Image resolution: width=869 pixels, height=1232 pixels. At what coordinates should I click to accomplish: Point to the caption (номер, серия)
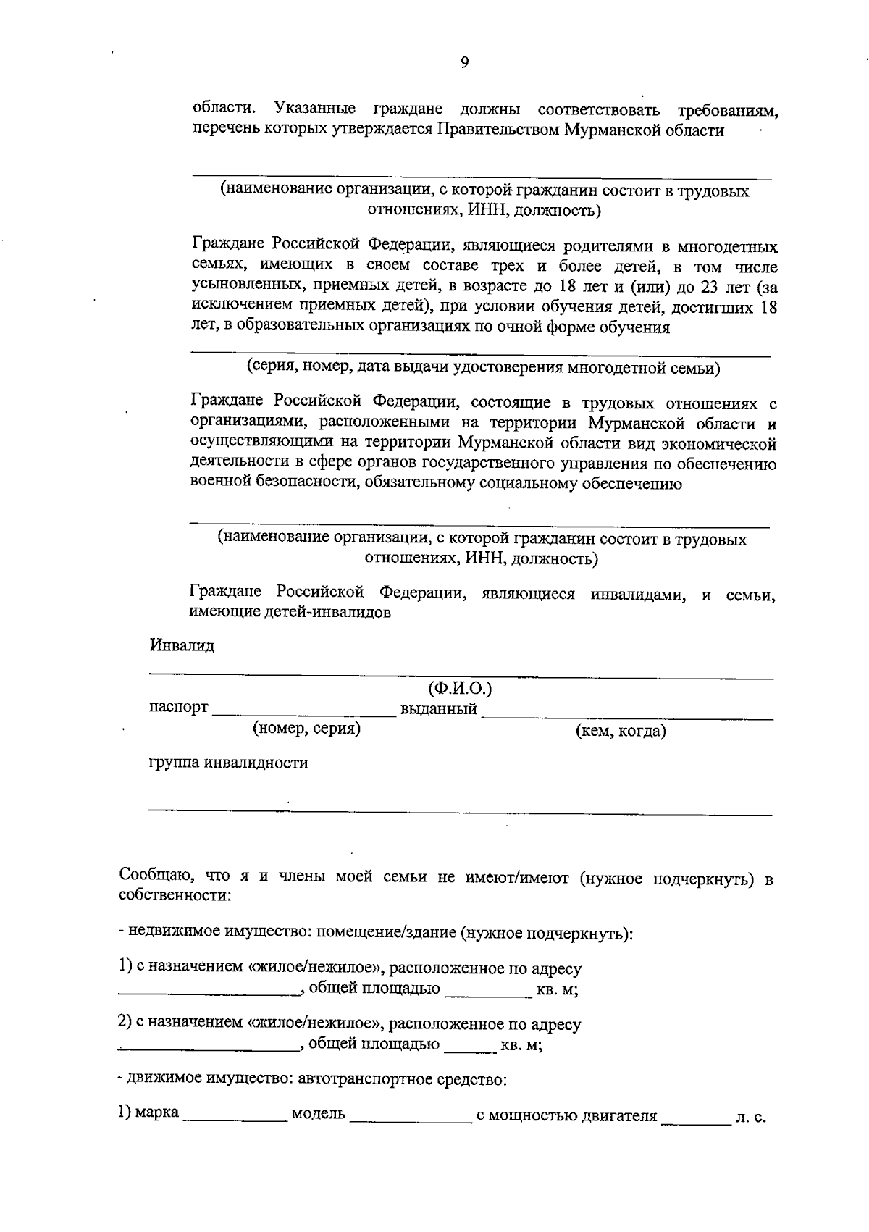click(x=306, y=729)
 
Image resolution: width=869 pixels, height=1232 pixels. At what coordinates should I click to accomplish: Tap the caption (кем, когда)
click(x=621, y=731)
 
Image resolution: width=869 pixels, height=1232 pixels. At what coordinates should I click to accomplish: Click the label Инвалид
click(x=182, y=645)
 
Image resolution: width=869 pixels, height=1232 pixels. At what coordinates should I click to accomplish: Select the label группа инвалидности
click(x=228, y=763)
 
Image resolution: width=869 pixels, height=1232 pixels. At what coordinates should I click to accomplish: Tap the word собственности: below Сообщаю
click(x=175, y=896)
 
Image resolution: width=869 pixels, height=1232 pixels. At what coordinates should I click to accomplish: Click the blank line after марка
click(x=235, y=1120)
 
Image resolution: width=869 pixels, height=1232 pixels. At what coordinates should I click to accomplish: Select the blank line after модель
click(x=410, y=1120)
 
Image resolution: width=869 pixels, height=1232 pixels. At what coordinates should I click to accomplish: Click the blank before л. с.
click(x=695, y=1121)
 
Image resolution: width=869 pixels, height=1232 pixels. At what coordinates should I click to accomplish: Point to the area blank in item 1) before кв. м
click(x=487, y=995)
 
